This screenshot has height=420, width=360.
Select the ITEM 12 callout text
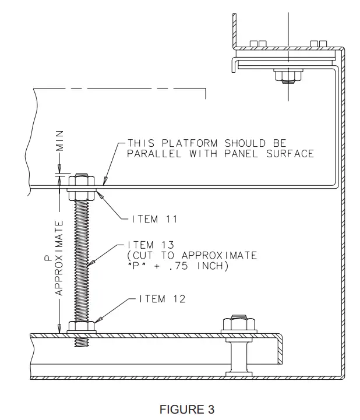coord(162,299)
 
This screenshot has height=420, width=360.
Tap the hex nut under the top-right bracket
coord(286,76)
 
